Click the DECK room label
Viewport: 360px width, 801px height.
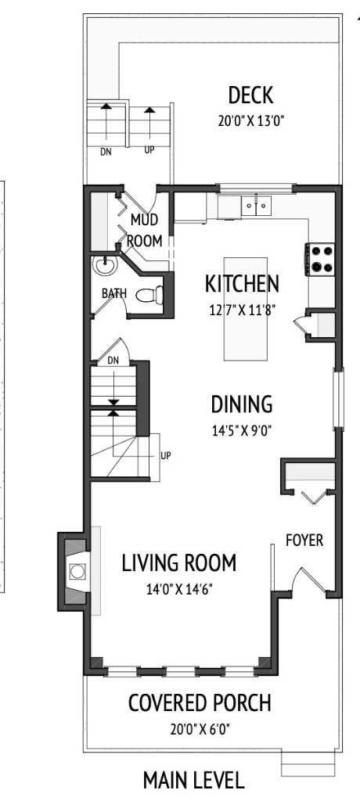(250, 96)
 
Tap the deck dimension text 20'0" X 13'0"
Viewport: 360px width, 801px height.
(250, 121)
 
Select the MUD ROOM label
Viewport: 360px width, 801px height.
(146, 230)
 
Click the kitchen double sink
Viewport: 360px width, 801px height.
(255, 206)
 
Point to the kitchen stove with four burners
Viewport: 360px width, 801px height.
(320, 259)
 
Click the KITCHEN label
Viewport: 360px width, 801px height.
(242, 283)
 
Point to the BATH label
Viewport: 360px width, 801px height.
(113, 293)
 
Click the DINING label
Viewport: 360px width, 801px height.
(242, 405)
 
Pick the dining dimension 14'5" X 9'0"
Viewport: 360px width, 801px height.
(242, 429)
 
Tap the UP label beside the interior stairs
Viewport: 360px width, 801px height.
(165, 455)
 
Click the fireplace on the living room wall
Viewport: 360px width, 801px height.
(77, 570)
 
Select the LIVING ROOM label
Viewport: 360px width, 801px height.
(179, 563)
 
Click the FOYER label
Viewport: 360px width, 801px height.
(304, 541)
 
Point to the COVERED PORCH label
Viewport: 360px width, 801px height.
(200, 703)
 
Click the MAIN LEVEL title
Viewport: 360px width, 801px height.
(193, 780)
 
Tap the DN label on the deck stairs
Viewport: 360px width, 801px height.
(106, 152)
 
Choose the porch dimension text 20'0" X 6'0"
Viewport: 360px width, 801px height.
(200, 729)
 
